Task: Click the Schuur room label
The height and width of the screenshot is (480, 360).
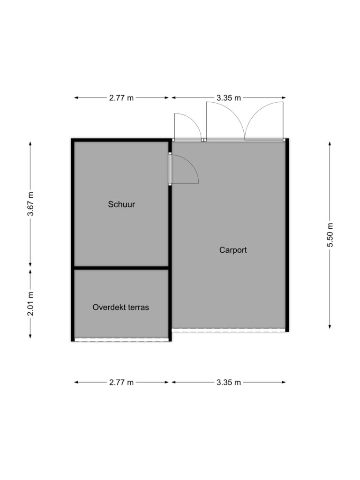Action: click(x=121, y=204)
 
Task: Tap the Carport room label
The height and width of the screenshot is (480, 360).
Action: click(x=233, y=250)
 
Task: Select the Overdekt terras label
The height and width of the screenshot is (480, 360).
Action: click(x=120, y=307)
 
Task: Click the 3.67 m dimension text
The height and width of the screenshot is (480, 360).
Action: click(x=30, y=204)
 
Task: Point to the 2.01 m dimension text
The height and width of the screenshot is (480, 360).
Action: click(x=30, y=304)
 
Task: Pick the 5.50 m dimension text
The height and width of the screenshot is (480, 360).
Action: click(x=330, y=235)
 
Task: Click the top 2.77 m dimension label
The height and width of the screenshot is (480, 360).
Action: click(x=121, y=98)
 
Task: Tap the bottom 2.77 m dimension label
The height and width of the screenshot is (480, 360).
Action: click(x=121, y=382)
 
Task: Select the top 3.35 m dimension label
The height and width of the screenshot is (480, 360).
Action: click(x=229, y=98)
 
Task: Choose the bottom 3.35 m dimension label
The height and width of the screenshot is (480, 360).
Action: click(x=229, y=382)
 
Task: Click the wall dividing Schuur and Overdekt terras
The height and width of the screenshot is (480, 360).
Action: click(x=121, y=268)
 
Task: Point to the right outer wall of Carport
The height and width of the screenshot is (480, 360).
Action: click(x=287, y=235)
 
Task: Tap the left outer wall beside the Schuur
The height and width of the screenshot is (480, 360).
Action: click(x=73, y=240)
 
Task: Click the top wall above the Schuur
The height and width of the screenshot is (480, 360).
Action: click(x=121, y=140)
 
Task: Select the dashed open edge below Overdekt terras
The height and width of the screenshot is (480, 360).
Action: click(x=121, y=339)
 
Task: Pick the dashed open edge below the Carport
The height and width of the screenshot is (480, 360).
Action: click(x=229, y=330)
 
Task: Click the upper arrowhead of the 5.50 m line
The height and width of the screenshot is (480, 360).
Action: click(x=330, y=143)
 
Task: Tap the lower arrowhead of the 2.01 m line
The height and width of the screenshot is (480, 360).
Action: click(x=30, y=336)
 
